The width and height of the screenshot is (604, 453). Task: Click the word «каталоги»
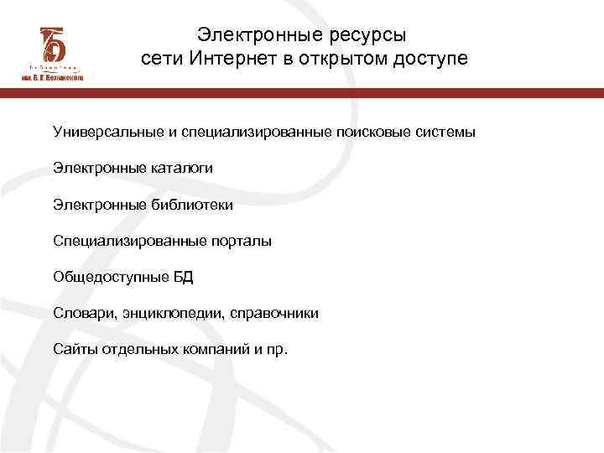(177, 169)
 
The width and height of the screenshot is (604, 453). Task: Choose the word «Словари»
(79, 313)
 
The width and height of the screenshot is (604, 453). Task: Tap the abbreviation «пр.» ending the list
(276, 349)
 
